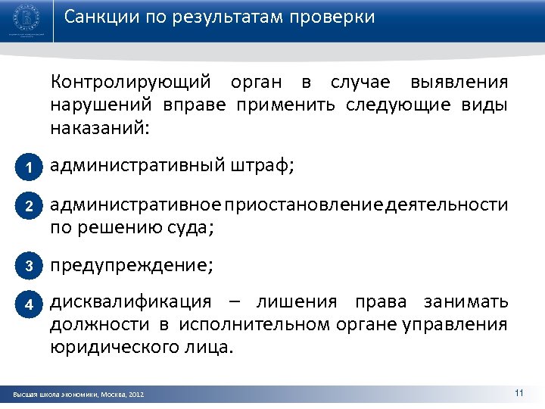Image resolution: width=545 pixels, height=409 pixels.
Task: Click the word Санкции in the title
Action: click(x=96, y=17)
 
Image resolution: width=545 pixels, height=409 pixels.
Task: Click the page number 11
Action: click(x=519, y=392)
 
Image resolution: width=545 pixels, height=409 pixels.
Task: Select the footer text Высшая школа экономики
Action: click(x=53, y=395)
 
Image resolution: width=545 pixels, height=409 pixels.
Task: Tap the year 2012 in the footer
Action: click(x=136, y=395)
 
